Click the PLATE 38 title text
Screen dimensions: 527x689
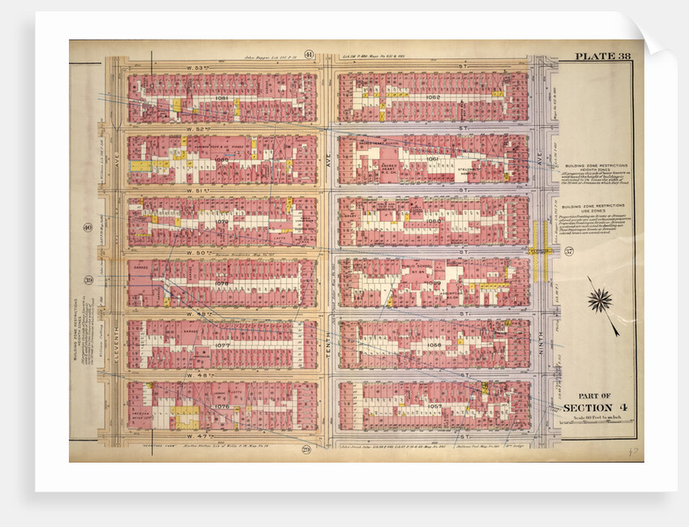pyautogui.click(x=601, y=57)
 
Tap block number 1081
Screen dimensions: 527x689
pyautogui.click(x=222, y=97)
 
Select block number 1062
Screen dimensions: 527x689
pyautogui.click(x=433, y=97)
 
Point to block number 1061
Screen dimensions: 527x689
pyautogui.click(x=433, y=159)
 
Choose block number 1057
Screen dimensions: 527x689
pyautogui.click(x=433, y=405)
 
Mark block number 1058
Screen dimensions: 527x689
pyautogui.click(x=433, y=344)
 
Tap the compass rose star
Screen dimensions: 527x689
pyautogui.click(x=600, y=300)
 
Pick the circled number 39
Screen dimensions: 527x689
pyautogui.click(x=87, y=281)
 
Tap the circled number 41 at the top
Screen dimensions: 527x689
pyautogui.click(x=309, y=55)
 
